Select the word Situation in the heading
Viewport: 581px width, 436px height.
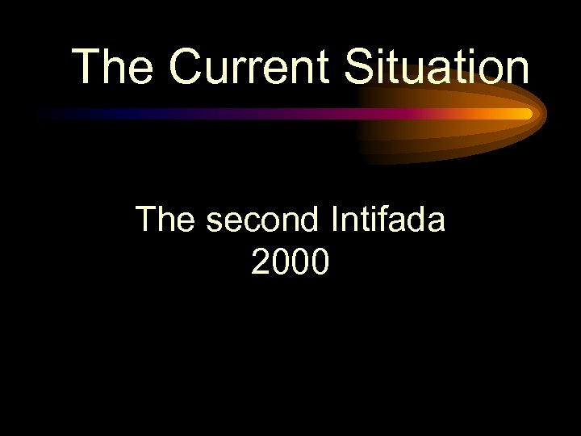(x=437, y=66)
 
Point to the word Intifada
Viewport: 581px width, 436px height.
(x=387, y=219)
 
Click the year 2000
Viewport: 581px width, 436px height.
(x=290, y=262)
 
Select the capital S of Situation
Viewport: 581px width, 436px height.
(x=360, y=66)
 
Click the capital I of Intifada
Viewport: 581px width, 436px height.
(x=335, y=219)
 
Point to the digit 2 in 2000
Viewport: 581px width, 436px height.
(x=261, y=262)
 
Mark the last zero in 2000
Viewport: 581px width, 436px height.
(x=320, y=262)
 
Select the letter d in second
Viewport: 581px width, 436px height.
(x=311, y=219)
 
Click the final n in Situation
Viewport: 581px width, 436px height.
(x=518, y=66)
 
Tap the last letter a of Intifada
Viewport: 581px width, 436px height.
(x=436, y=219)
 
